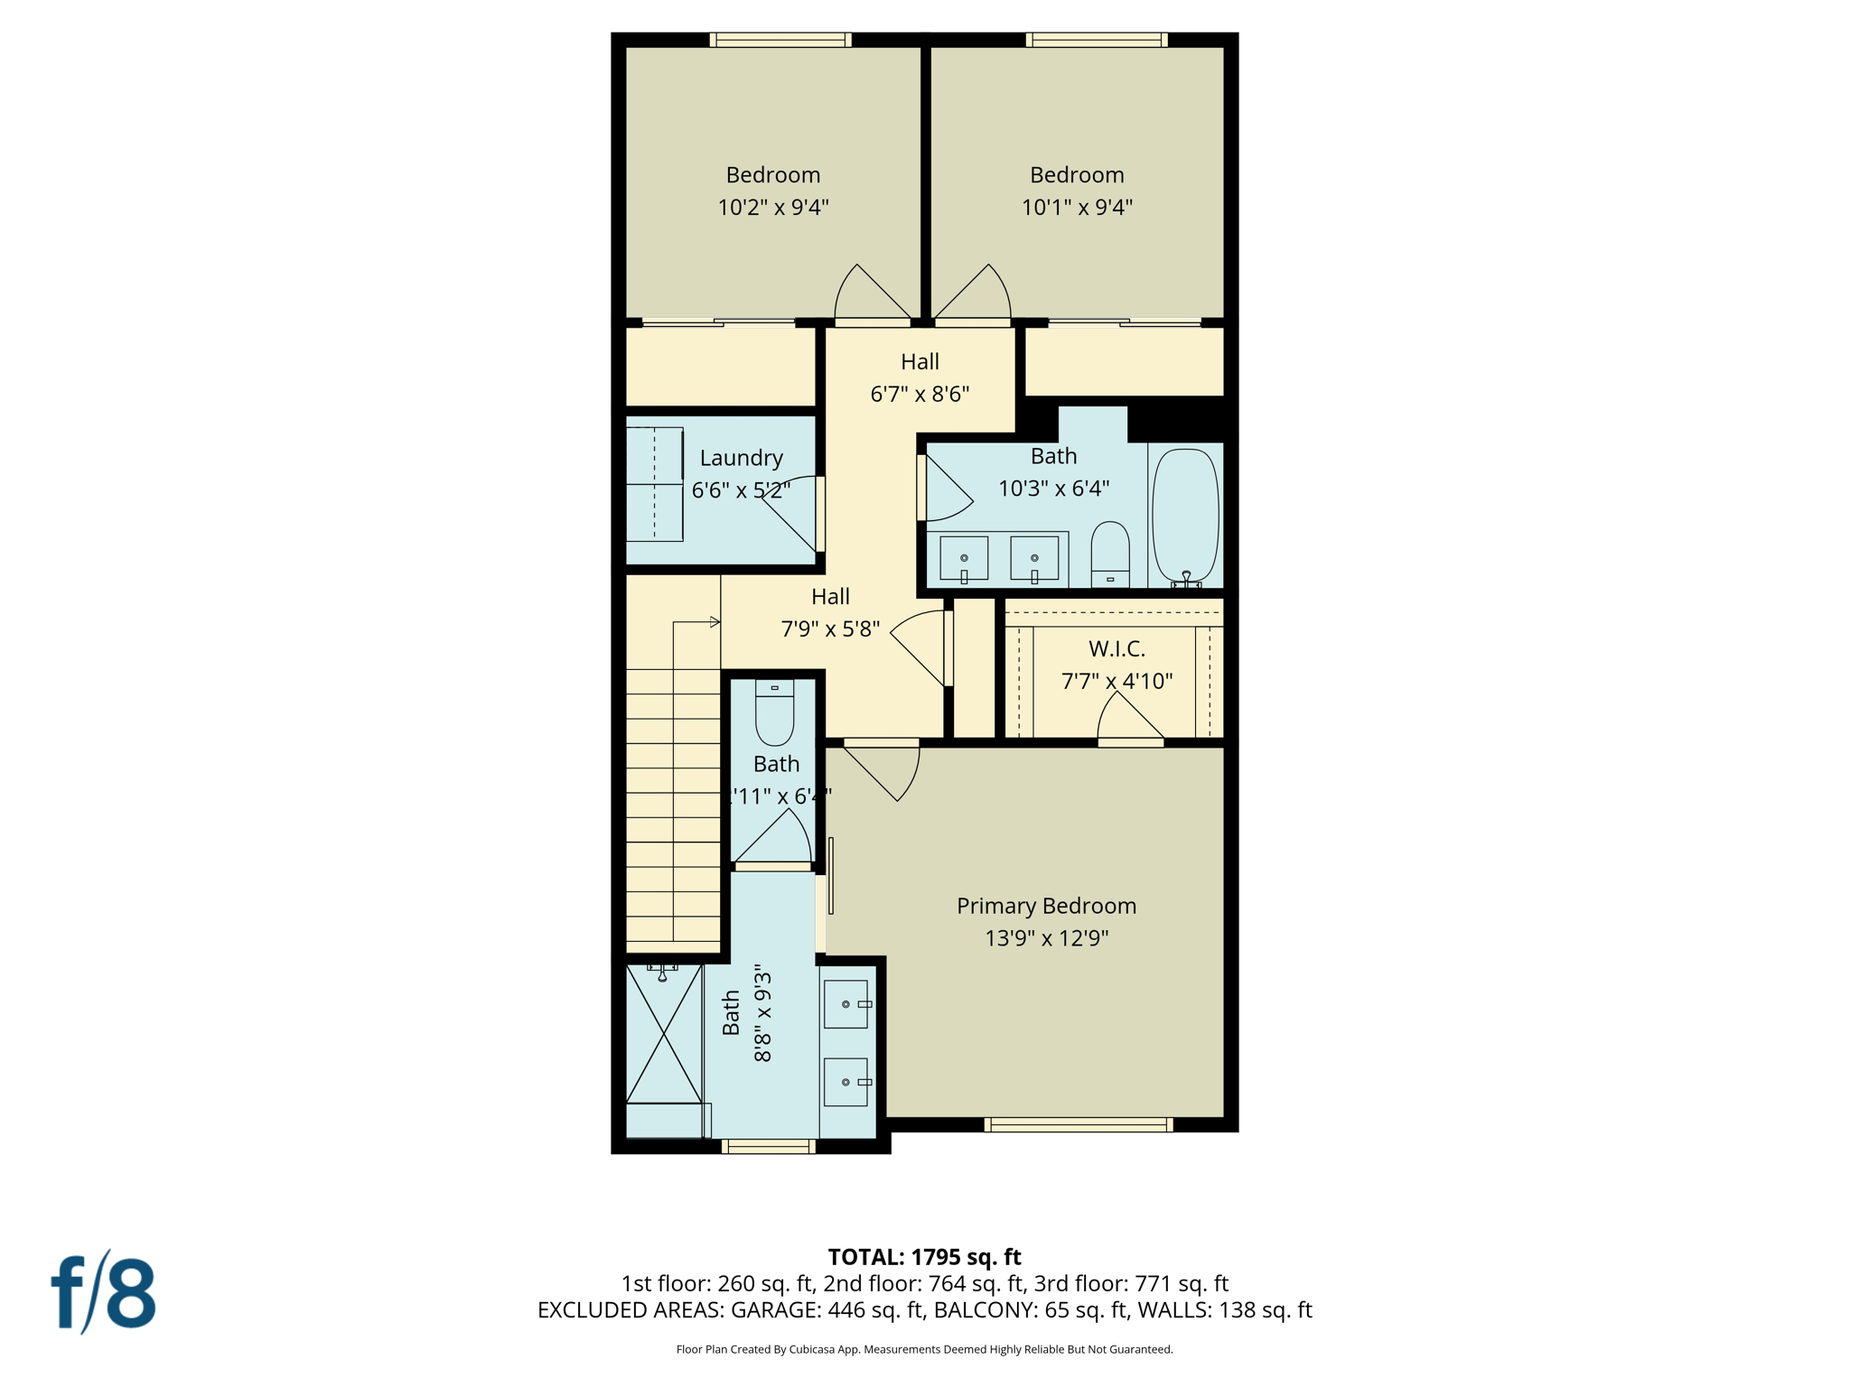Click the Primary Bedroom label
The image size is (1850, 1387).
pos(1046,906)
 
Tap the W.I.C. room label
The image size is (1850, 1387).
pos(1117,648)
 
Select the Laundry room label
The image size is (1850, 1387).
pos(741,458)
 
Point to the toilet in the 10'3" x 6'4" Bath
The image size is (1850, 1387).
pos(1110,553)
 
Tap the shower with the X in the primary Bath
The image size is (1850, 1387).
pos(664,1035)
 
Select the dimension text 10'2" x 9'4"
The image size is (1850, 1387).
pos(773,208)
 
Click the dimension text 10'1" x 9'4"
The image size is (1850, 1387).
pos(1077,208)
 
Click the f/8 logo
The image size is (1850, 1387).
pos(103,1292)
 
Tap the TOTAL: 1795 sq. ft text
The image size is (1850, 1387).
pos(924,1256)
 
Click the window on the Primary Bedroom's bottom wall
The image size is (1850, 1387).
pos(1079,1124)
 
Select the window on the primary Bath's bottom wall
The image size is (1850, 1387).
pos(768,1147)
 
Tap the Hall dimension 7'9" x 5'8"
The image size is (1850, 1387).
pos(830,629)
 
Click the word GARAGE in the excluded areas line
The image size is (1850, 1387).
pos(772,1310)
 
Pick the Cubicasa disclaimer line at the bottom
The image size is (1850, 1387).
pos(924,1349)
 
